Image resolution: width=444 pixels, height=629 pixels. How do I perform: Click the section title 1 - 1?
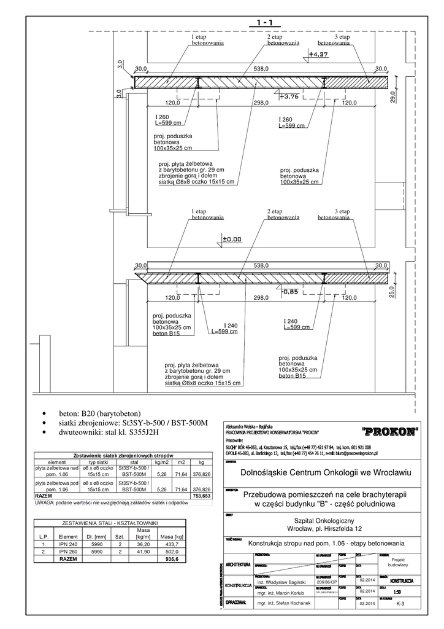click(x=265, y=23)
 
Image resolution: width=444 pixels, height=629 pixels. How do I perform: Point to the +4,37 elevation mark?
click(x=319, y=55)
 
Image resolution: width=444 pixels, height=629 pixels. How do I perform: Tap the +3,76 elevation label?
click(x=289, y=96)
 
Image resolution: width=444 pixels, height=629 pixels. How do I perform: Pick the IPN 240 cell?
click(x=68, y=544)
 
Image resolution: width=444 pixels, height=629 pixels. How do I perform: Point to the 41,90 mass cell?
click(x=144, y=552)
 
